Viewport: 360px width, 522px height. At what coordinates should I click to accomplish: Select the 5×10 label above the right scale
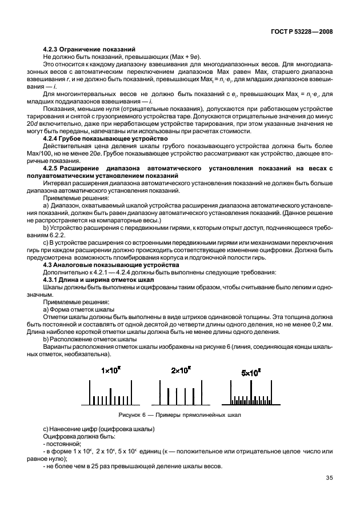(x=251, y=372)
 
